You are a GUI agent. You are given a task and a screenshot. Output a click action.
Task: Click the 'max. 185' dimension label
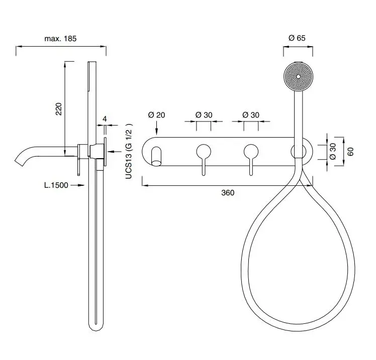pyautogui.click(x=60, y=39)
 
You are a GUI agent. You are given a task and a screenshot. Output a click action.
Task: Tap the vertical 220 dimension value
pyautogui.click(x=59, y=109)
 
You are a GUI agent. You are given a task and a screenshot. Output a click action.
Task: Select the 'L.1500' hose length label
pyautogui.click(x=56, y=185)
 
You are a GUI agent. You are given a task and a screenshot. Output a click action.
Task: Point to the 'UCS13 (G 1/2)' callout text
pyautogui.click(x=129, y=151)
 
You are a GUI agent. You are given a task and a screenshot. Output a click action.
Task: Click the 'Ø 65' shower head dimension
pyautogui.click(x=297, y=38)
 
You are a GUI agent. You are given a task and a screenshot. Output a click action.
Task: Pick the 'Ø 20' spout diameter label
pyautogui.click(x=157, y=115)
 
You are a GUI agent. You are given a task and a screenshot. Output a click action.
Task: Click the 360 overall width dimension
pyautogui.click(x=228, y=193)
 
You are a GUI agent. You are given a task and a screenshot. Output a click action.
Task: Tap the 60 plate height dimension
pyautogui.click(x=350, y=152)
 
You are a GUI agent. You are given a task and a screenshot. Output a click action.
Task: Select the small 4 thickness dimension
pyautogui.click(x=105, y=119)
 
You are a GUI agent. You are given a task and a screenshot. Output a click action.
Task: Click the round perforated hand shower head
pyautogui.click(x=298, y=77)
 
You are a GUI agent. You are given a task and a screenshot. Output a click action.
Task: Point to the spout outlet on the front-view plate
pyautogui.click(x=157, y=156)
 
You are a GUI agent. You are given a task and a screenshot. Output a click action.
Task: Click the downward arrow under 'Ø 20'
pyautogui.click(x=157, y=128)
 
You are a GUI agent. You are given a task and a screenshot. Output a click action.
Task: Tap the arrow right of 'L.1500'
pyautogui.click(x=78, y=185)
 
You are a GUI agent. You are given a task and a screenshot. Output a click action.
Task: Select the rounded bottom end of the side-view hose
pyautogui.click(x=96, y=327)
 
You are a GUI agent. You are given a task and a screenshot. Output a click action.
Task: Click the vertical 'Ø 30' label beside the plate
pyautogui.click(x=333, y=151)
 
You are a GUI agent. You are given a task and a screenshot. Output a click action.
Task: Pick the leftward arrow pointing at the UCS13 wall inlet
pyautogui.click(x=115, y=151)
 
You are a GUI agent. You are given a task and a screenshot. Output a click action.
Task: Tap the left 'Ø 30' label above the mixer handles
pyautogui.click(x=204, y=115)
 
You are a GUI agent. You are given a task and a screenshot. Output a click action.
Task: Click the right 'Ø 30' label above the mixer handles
pyautogui.click(x=251, y=115)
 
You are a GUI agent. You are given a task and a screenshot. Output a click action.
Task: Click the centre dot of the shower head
pyautogui.click(x=298, y=77)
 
